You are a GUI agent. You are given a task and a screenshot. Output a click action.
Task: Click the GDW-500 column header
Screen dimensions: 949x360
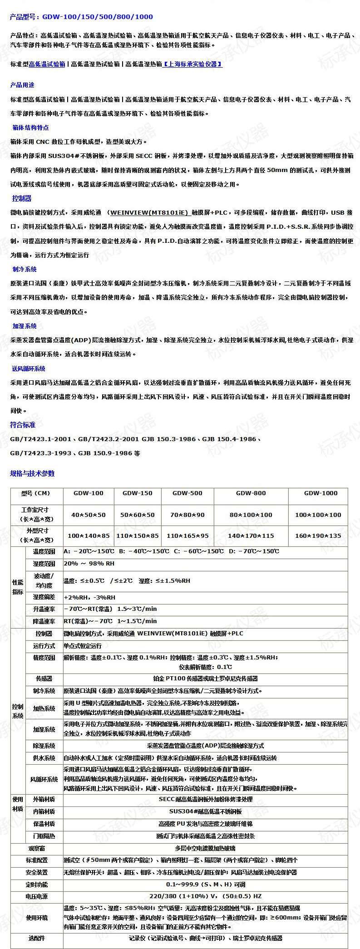pyautogui.click(x=187, y=493)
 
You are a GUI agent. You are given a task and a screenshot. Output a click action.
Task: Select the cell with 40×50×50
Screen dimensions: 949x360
pyautogui.click(x=88, y=515)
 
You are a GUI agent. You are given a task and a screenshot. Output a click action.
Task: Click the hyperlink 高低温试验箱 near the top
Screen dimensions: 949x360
pyautogui.click(x=47, y=64)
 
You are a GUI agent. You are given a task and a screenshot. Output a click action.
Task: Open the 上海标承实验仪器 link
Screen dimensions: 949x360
pyautogui.click(x=192, y=64)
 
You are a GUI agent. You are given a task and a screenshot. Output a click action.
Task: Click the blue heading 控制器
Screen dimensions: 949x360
pyautogui.click(x=22, y=198)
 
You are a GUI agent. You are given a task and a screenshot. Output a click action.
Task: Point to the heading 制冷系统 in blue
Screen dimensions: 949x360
pyautogui.click(x=25, y=269)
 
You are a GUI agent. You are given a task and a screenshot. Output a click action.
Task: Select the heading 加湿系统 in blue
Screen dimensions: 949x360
pyautogui.click(x=25, y=326)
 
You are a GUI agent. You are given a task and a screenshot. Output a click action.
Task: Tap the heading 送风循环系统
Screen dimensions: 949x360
pyautogui.click(x=29, y=369)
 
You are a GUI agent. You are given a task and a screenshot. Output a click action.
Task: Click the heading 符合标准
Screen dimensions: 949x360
pyautogui.click(x=23, y=425)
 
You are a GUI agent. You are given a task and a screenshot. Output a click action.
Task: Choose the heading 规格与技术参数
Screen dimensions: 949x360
pyautogui.click(x=32, y=473)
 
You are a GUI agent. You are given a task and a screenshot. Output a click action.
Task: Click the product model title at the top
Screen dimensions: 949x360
pyautogui.click(x=82, y=17)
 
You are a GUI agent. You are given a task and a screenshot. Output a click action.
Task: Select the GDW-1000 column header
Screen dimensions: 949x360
pyautogui.click(x=321, y=493)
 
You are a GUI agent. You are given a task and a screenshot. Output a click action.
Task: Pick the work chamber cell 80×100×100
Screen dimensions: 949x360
pyautogui.click(x=251, y=515)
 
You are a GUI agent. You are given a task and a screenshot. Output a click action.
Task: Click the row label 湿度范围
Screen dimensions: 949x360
pyautogui.click(x=44, y=564)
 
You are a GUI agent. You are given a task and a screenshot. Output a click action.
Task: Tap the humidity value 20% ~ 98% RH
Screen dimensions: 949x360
pyautogui.click(x=89, y=564)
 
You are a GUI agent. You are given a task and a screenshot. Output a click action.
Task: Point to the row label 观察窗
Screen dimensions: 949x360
pyautogui.click(x=37, y=848)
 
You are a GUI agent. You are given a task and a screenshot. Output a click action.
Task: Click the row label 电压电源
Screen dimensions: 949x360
pyautogui.click(x=37, y=896)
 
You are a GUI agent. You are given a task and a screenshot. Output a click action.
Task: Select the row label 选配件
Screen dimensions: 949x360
pyautogui.click(x=37, y=938)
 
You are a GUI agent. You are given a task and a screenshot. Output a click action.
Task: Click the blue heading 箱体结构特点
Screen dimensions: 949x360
pyautogui.click(x=31, y=128)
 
